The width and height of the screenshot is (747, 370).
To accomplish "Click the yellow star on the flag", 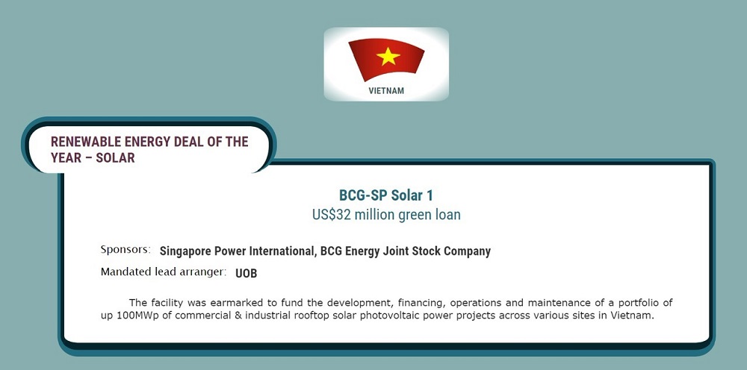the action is pos(388,56).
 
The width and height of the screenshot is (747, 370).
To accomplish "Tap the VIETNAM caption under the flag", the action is pos(386,91).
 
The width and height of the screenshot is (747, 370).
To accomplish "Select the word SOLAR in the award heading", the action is pos(115,158).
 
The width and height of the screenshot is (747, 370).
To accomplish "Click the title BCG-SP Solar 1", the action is pos(386,195).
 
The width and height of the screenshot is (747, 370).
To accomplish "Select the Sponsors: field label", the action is pos(125,249).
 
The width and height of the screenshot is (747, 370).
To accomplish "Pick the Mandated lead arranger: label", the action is pos(163,272).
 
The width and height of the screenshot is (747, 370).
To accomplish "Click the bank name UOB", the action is pos(247,274).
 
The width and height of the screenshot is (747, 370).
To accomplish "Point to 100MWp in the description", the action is pos(139,316).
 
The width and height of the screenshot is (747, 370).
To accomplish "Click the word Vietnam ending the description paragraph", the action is pos(632,316).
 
